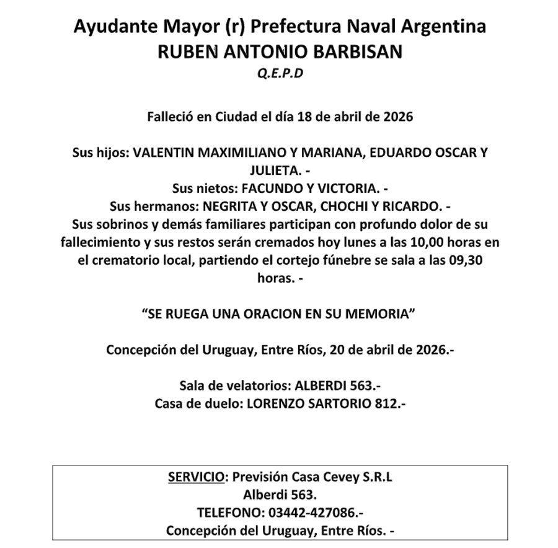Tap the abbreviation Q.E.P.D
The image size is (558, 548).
pyautogui.click(x=279, y=74)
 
